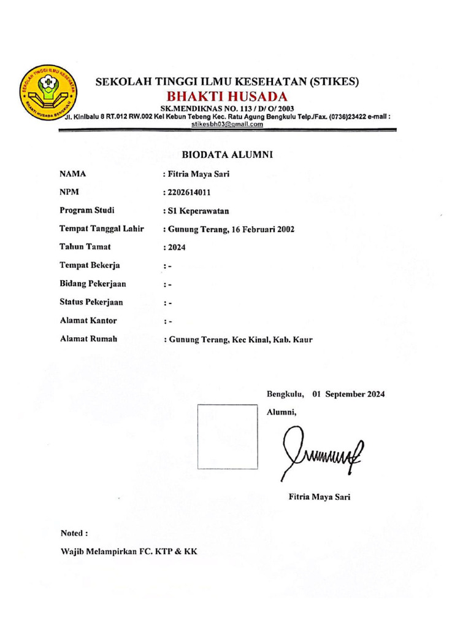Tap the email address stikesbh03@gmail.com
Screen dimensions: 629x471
click(228, 123)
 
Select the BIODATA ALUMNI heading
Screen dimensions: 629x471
click(227, 155)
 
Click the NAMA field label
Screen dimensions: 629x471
click(73, 174)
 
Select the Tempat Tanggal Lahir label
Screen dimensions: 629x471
click(101, 229)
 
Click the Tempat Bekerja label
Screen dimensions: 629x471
click(90, 265)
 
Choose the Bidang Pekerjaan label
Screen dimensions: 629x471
click(93, 284)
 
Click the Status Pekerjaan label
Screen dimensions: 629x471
click(91, 302)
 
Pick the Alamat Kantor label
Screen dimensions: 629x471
click(88, 321)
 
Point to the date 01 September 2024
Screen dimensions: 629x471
click(348, 394)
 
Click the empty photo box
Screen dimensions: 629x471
click(228, 436)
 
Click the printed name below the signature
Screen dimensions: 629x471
click(320, 497)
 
